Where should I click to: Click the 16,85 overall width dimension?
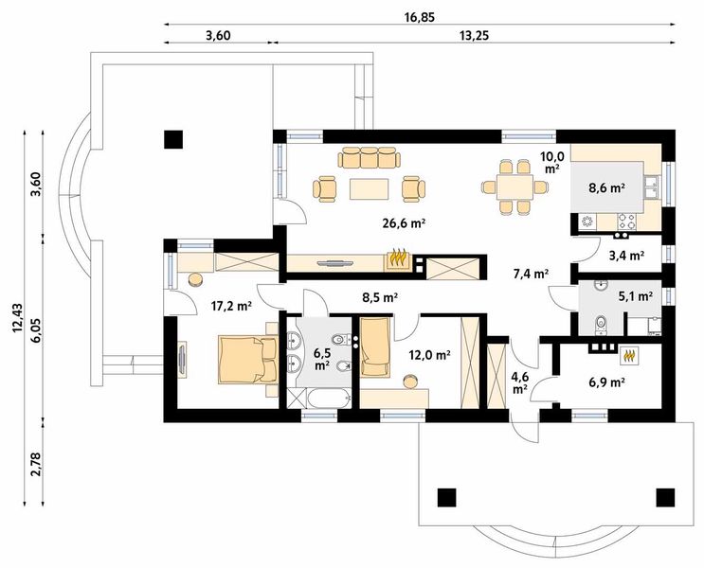420,17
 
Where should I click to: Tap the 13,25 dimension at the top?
474,35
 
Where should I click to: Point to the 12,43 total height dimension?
18,317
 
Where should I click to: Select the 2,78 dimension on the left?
36,464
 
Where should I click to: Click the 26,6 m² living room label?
404,223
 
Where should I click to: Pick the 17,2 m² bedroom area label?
231,307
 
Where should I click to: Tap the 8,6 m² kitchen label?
607,188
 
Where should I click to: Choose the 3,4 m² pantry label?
626,256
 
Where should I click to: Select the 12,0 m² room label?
429,355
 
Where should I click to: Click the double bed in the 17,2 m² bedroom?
247,360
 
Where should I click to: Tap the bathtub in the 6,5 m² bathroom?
330,399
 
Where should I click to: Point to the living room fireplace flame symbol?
396,258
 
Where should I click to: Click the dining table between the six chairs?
514,187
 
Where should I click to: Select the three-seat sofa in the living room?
370,157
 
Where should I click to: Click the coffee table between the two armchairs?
370,188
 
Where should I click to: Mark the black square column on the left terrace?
173,139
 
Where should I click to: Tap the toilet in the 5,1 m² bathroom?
600,325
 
